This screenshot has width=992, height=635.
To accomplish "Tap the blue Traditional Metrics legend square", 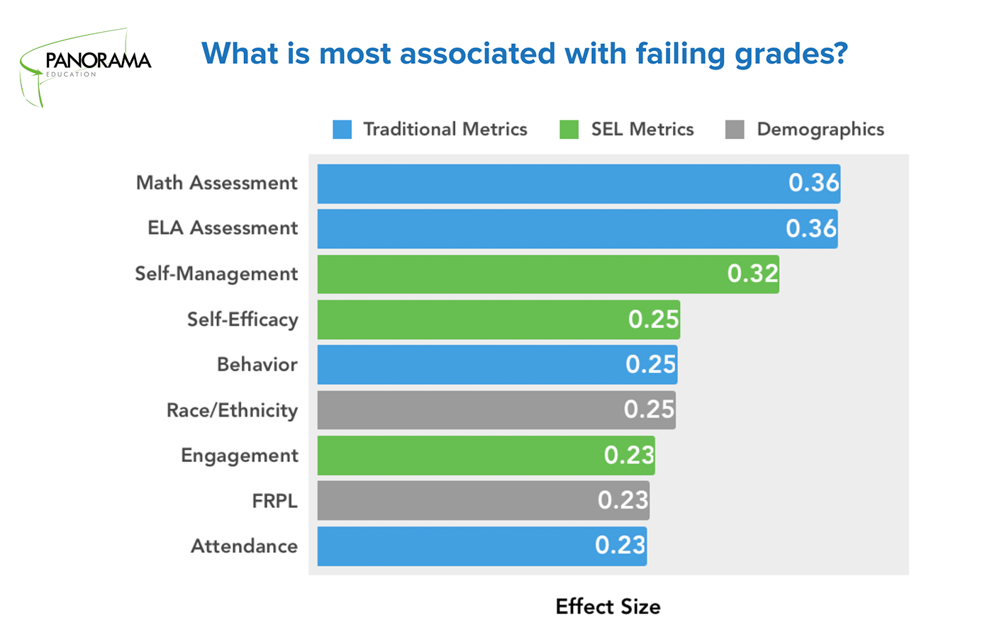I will pyautogui.click(x=342, y=130).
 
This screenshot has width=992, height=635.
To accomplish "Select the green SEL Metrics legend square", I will pyautogui.click(x=569, y=130).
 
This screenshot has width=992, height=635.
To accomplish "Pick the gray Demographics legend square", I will pyautogui.click(x=735, y=130).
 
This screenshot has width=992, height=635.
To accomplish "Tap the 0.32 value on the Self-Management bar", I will pyautogui.click(x=753, y=274).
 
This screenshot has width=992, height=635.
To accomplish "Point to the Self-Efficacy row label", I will pyautogui.click(x=243, y=320).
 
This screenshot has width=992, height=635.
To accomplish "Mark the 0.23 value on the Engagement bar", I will pyautogui.click(x=629, y=455).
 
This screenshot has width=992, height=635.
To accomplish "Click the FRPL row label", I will pyautogui.click(x=274, y=501).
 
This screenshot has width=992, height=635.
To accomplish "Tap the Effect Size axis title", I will pyautogui.click(x=608, y=607).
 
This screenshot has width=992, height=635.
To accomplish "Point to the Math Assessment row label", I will pyautogui.click(x=217, y=183).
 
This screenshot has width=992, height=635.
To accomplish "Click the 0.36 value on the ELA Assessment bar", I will pyautogui.click(x=811, y=229).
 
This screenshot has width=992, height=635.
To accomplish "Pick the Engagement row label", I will pyautogui.click(x=240, y=456).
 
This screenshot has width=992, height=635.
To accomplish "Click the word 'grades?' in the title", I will pyautogui.click(x=791, y=54).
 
